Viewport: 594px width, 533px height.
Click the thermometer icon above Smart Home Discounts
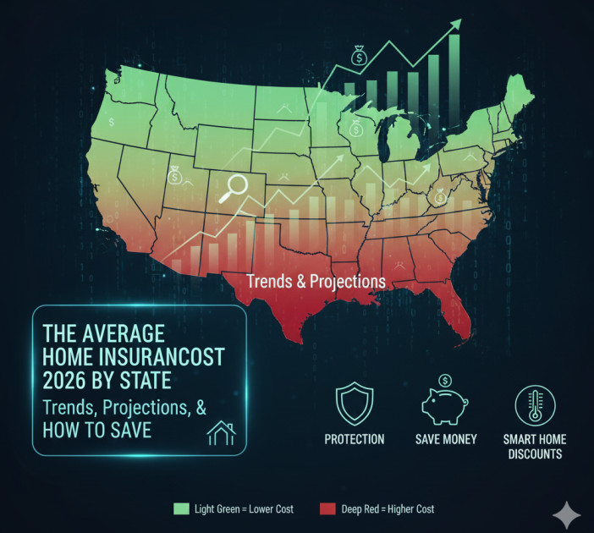(x=534, y=405)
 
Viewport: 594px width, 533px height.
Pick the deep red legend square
(x=327, y=508)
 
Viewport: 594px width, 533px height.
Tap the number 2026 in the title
(x=67, y=378)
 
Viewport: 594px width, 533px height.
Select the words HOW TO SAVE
(x=96, y=431)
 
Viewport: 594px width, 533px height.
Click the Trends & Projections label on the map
(x=315, y=280)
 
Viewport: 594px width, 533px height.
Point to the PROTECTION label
(x=354, y=439)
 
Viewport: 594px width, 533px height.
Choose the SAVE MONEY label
(x=446, y=439)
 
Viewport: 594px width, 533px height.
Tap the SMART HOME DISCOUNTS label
(x=534, y=446)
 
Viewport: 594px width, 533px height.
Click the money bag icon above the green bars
(x=360, y=56)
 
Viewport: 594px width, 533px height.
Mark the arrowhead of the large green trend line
(x=456, y=24)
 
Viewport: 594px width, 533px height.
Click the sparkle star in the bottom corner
(x=567, y=513)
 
